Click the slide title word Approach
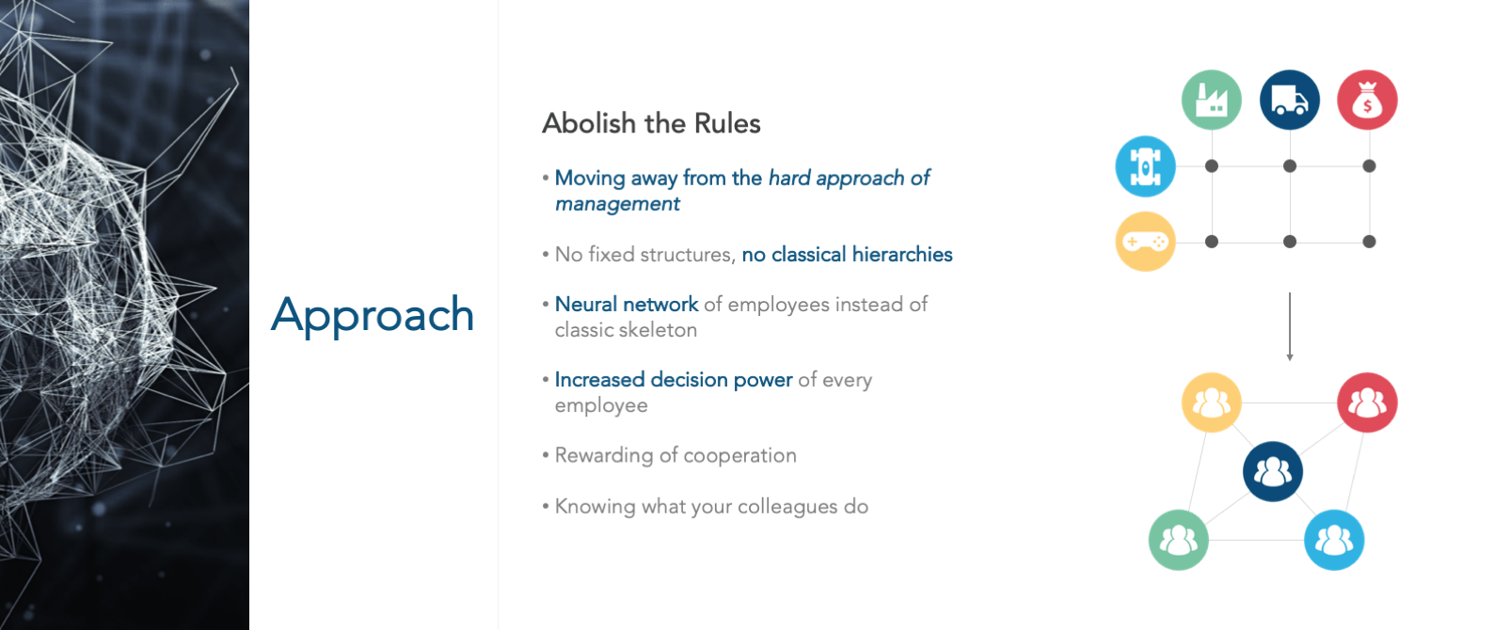(373, 315)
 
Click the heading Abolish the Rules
(651, 123)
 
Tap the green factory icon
(1211, 100)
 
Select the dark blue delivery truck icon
(1289, 100)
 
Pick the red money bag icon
(1367, 100)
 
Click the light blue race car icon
(1145, 166)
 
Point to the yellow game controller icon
(1145, 242)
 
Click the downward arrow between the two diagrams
(1289, 326)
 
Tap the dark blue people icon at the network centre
(1273, 471)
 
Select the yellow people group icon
(1211, 402)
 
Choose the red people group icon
(1367, 402)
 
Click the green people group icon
(1178, 540)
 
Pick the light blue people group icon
(1334, 540)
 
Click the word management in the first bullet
(617, 204)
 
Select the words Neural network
(627, 304)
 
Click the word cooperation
(739, 455)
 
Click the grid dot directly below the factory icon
(1211, 166)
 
